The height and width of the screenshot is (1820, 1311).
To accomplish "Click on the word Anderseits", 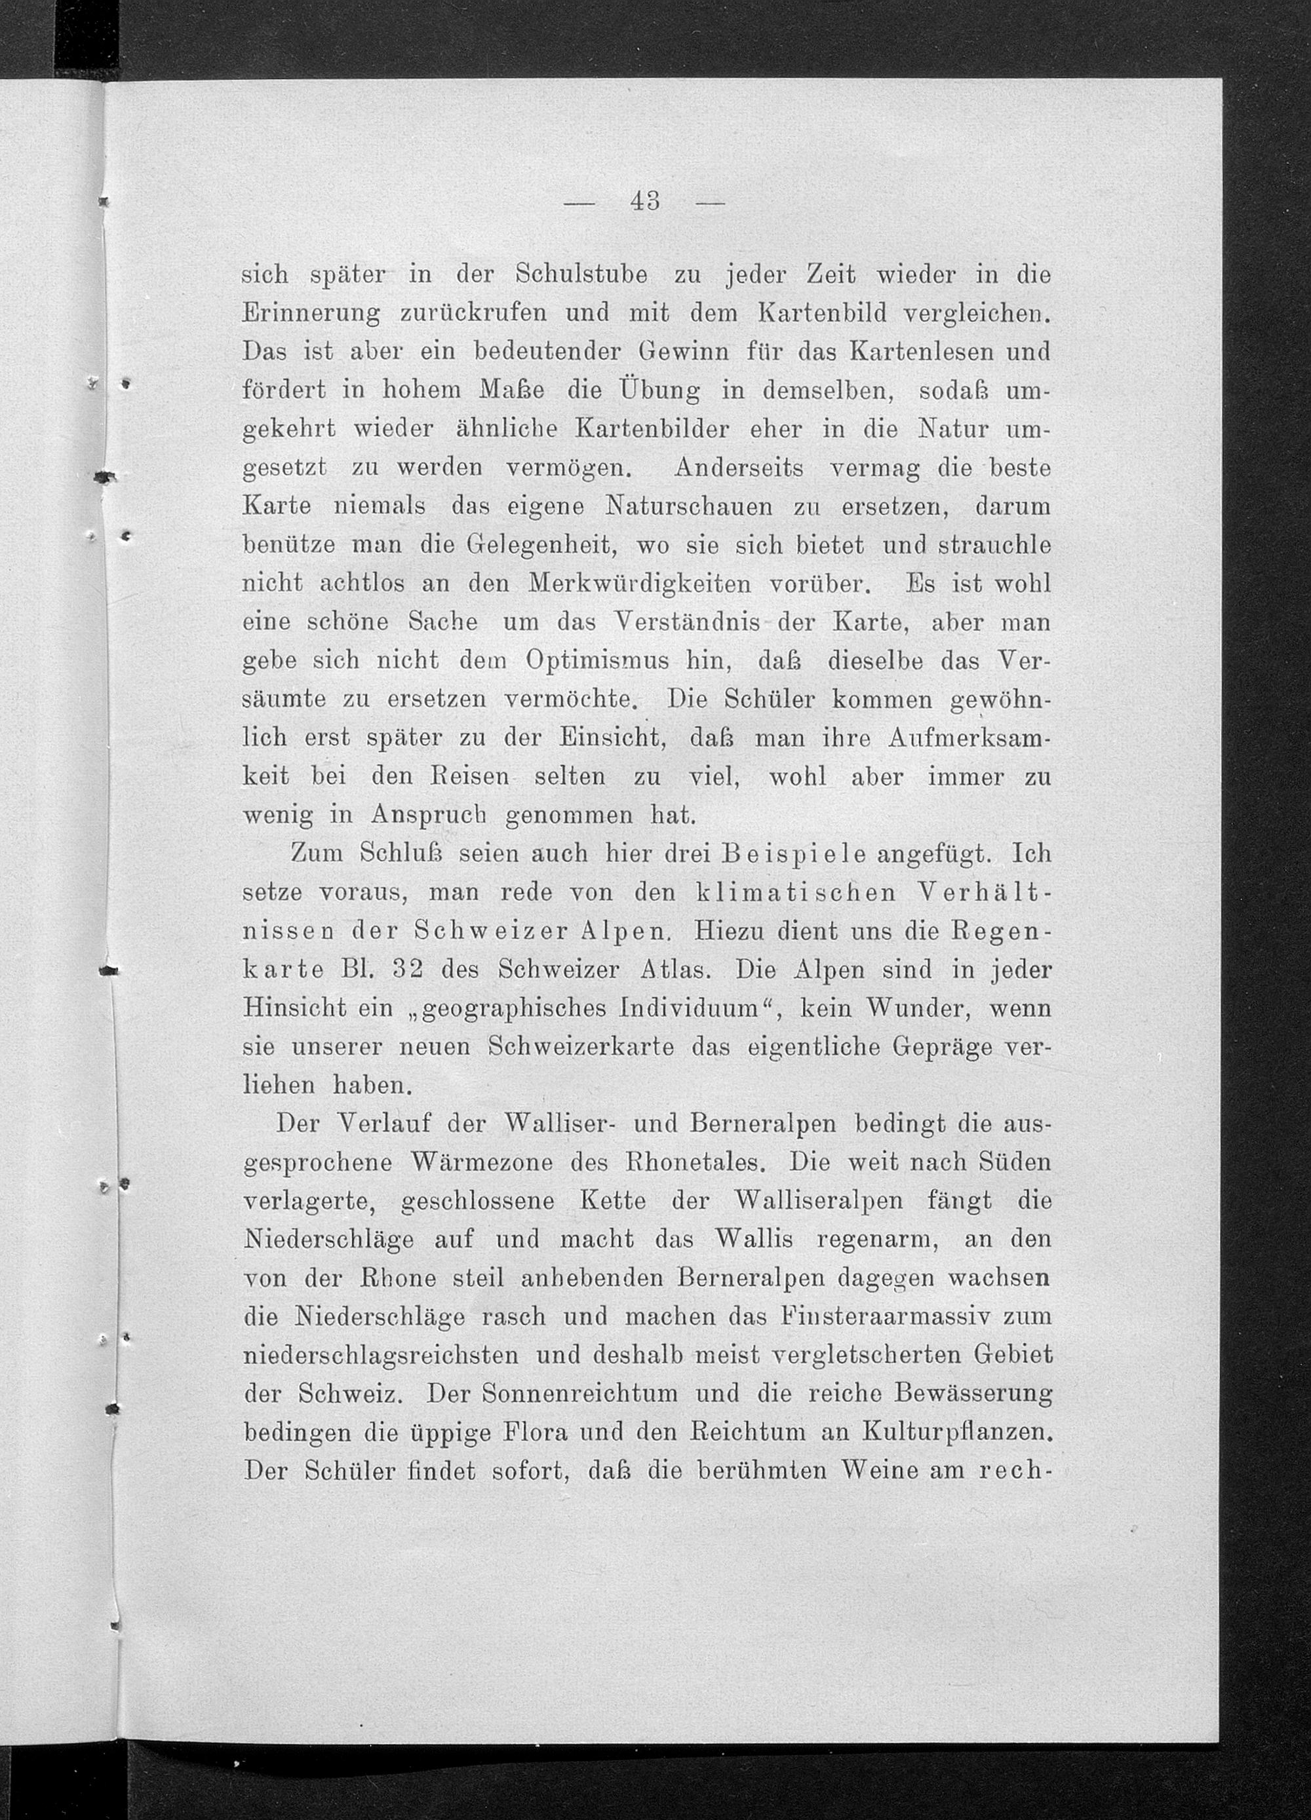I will click(739, 468).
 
